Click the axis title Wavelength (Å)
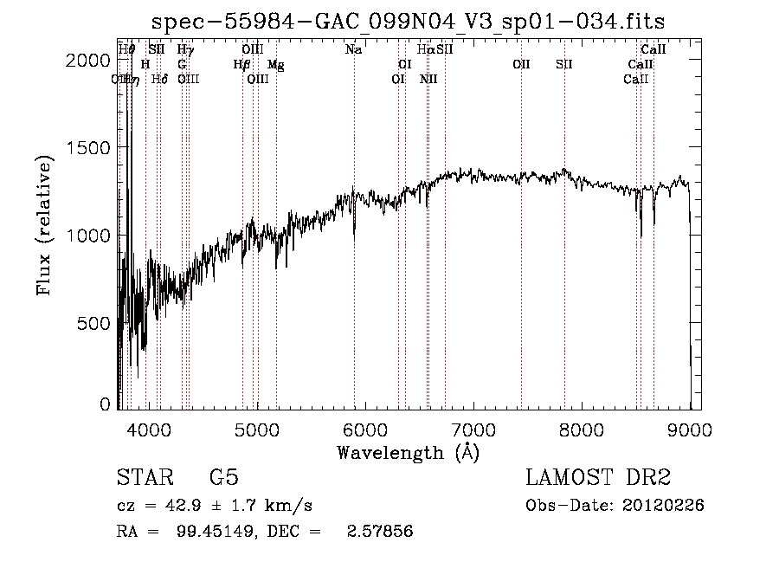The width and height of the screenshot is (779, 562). point(408,452)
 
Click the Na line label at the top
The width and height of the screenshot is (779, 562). point(353,50)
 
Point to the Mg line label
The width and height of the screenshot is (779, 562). point(274,65)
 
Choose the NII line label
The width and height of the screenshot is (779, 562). point(428,80)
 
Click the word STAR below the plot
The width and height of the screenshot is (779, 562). point(144,478)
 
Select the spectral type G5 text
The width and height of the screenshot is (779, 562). point(223,478)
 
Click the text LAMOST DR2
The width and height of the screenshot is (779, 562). point(598,478)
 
